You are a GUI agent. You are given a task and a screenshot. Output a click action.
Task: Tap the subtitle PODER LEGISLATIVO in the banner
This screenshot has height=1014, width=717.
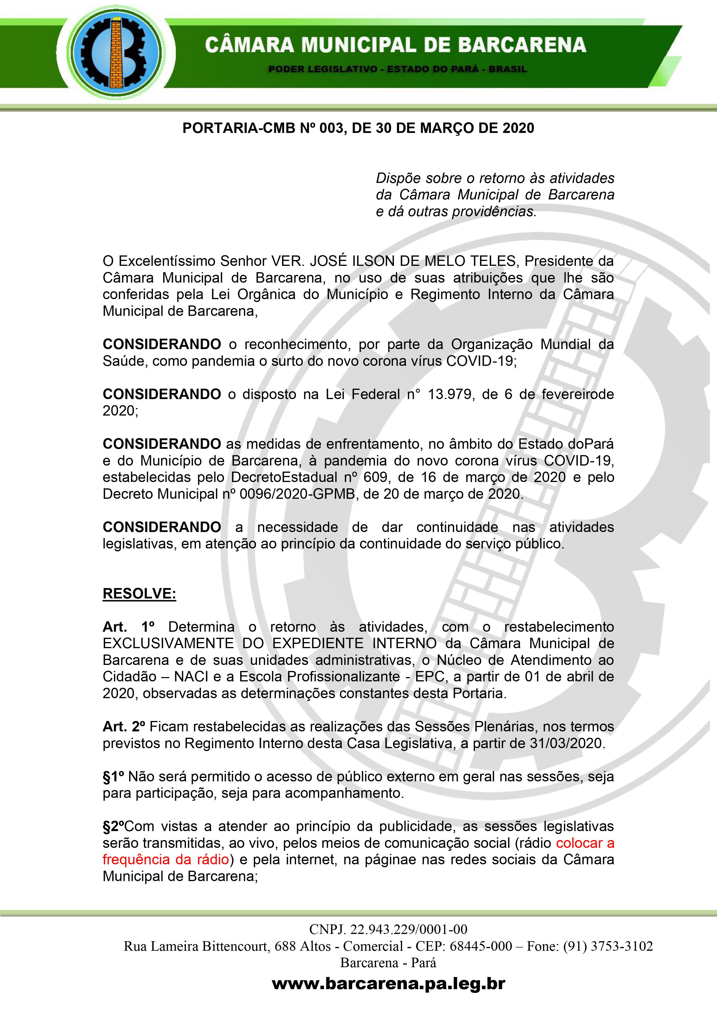(323, 69)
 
